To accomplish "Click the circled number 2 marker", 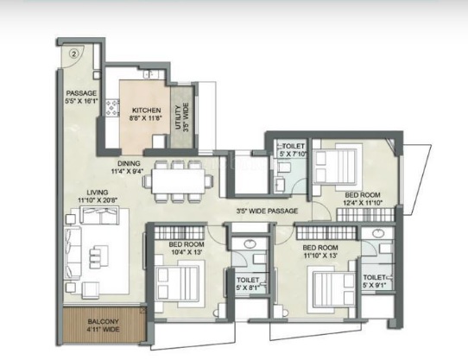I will pos(74,52).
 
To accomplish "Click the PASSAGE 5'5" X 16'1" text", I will pos(83,98).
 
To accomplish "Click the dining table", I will pos(179,180).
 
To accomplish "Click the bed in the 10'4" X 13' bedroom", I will pos(176,281).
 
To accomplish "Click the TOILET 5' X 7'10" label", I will pos(294,151).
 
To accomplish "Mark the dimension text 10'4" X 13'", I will pos(185,251).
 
